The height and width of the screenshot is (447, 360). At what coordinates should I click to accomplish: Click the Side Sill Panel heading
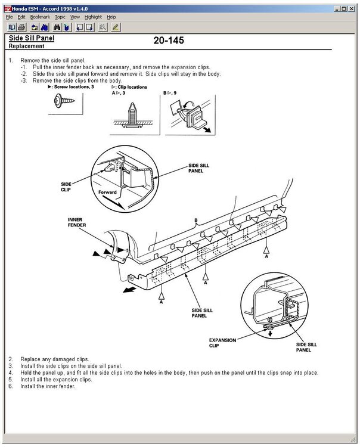coord(31,38)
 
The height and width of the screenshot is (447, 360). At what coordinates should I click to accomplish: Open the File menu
coord(9,17)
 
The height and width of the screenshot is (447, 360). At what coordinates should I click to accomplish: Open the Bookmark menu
coord(40,17)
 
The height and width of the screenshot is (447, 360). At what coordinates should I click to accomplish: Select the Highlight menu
coord(92,17)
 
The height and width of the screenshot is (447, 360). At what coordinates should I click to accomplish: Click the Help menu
coord(111,17)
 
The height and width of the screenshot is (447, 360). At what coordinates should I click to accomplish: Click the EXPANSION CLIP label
coord(222,343)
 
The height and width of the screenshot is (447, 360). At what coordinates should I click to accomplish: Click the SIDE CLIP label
coord(66,187)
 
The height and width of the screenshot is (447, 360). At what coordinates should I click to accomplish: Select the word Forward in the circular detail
coord(107,192)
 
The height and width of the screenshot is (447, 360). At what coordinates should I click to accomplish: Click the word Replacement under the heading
coord(27,46)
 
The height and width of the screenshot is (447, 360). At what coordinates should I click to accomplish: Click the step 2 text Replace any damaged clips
coord(52,359)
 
